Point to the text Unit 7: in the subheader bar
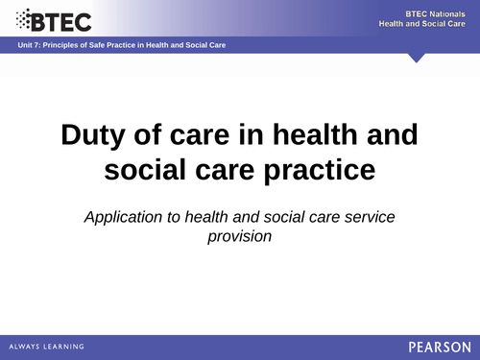(29, 46)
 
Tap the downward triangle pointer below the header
(416, 58)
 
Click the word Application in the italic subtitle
(123, 217)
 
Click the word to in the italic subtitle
(174, 217)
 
